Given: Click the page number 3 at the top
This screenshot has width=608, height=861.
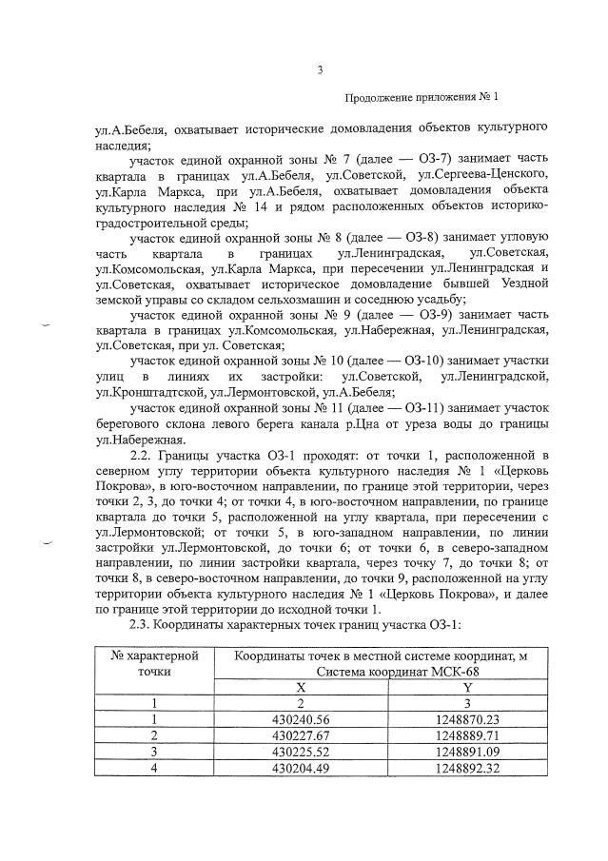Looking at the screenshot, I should click(x=321, y=68).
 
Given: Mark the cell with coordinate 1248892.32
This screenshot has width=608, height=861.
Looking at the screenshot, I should click(x=466, y=768).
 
